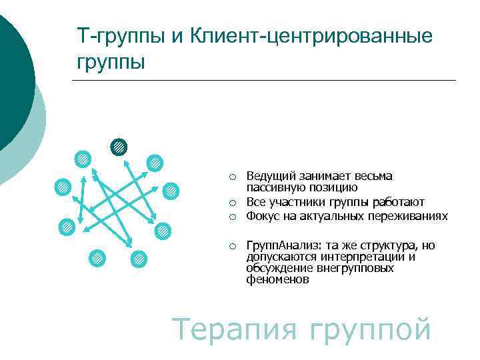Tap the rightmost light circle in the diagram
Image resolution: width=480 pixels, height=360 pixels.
click(171, 191)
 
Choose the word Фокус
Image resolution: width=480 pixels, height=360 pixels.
click(262, 216)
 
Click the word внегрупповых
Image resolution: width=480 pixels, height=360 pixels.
click(360, 269)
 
